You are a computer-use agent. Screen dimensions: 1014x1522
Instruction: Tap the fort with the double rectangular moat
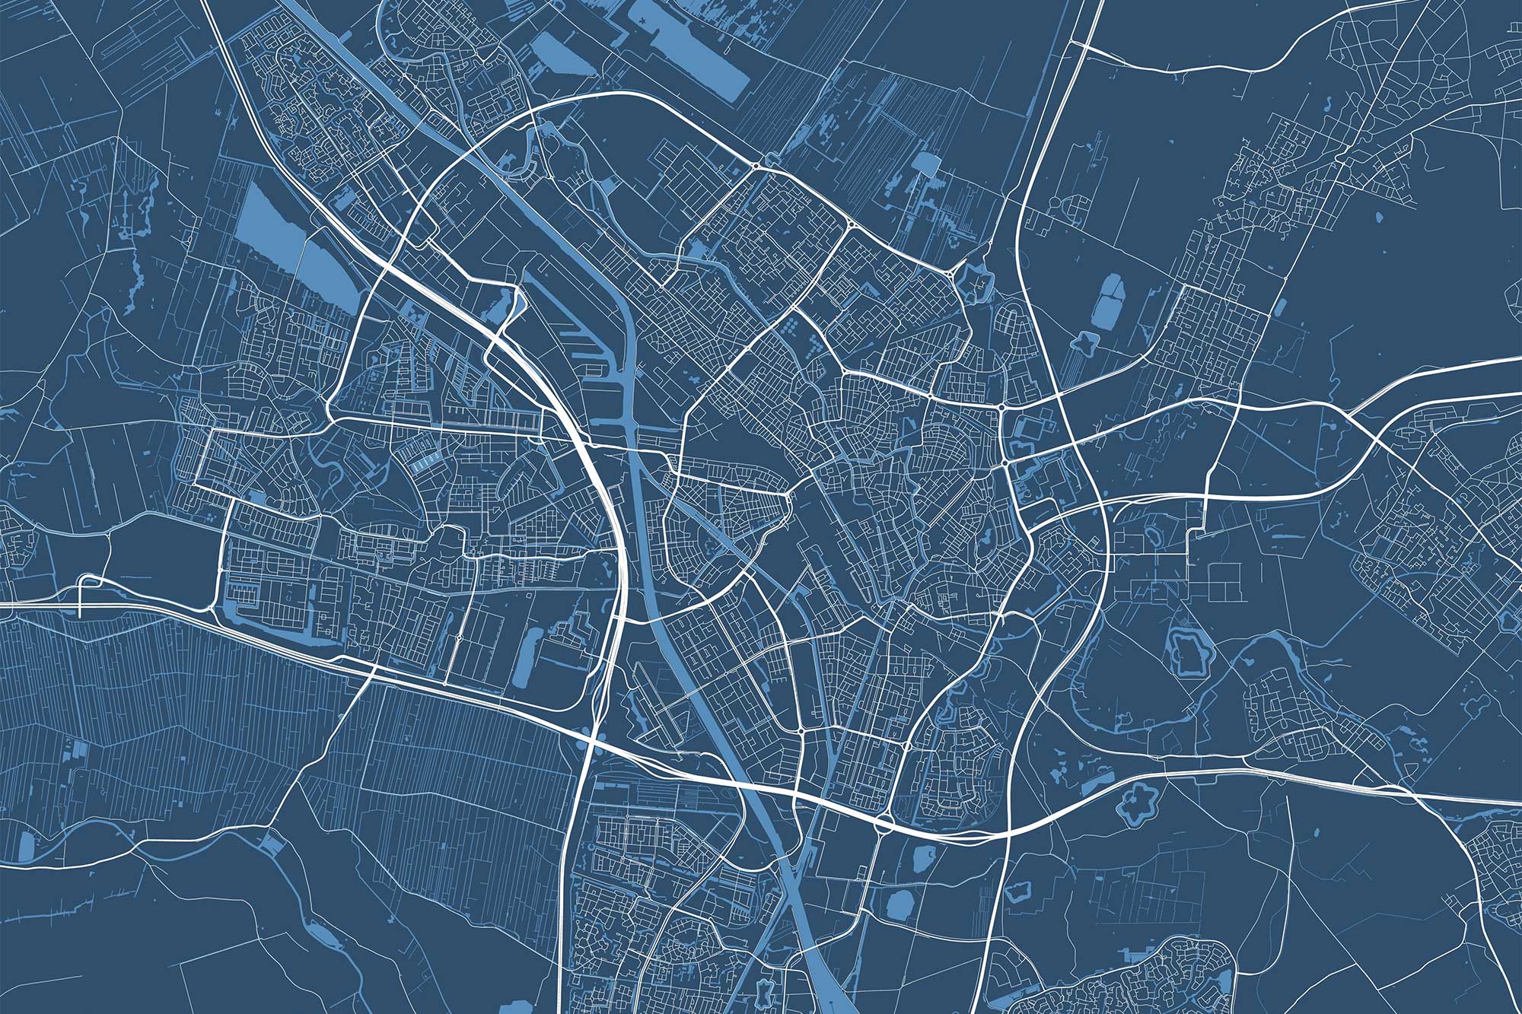coord(1186,650)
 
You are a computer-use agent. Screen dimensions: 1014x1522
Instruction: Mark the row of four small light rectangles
coord(427,459)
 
